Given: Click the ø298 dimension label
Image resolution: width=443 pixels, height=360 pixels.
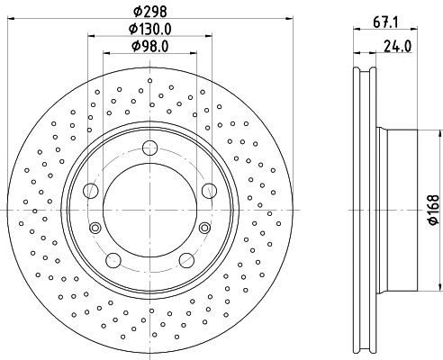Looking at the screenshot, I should pos(149,11).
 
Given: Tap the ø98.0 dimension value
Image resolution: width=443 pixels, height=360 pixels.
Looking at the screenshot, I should pos(149,46).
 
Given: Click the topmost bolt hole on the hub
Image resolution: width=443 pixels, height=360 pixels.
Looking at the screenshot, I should pos(149,149).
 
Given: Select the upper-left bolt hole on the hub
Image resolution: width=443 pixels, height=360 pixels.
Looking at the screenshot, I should pos(91,191).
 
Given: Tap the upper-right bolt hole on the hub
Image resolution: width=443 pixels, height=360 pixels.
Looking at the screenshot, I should pos(208,190).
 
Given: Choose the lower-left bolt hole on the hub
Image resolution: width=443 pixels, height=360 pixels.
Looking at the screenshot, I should pos(113,260).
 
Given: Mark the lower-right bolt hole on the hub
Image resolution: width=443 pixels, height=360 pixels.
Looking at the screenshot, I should pos(186,260).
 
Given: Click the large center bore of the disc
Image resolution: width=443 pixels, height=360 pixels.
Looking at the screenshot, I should pos(149,211).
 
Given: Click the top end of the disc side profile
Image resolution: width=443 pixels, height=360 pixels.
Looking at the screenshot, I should pos(364,68).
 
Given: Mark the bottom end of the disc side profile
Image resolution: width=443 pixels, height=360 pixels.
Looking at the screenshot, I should pos(364,353).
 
